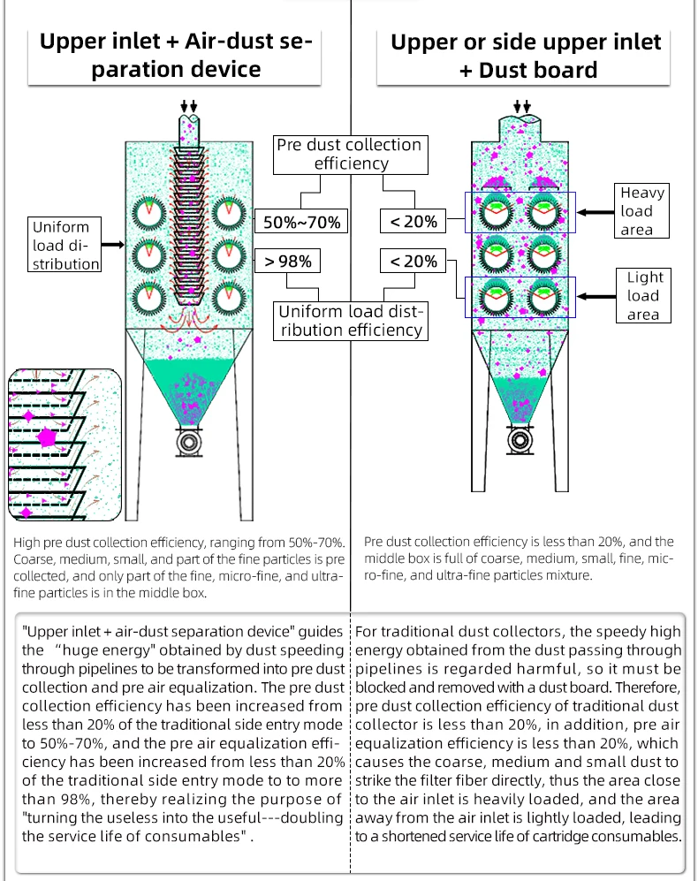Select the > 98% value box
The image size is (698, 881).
coord(288,262)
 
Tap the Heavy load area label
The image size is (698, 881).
coord(642,211)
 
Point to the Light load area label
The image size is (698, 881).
coord(643,296)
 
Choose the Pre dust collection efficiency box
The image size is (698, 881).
coord(350,154)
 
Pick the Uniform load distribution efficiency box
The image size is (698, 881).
coord(351,321)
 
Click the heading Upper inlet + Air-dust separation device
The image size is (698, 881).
coord(177,55)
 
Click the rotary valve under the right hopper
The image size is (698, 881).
coord(520,437)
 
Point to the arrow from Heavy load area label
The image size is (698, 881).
coord(597,212)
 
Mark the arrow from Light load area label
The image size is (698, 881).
coord(597,297)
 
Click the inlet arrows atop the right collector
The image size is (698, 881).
coord(522,107)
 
